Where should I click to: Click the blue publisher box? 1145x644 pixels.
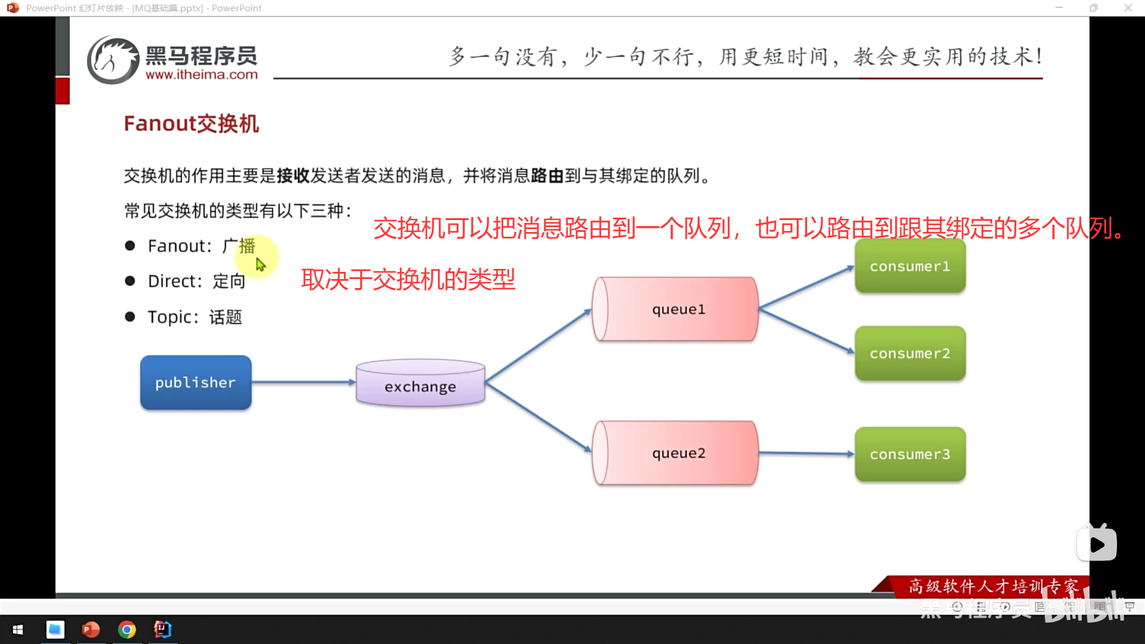coord(196,382)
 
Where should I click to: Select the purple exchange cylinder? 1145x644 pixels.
coord(420,384)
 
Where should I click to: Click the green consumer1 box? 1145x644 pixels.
coord(909,266)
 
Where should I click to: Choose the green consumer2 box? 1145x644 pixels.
coord(909,353)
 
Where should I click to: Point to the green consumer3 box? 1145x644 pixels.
coord(909,454)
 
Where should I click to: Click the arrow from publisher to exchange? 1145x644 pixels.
coord(303,382)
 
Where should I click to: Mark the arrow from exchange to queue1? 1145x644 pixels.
coord(537,346)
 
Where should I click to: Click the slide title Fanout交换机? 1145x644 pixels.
coord(191,123)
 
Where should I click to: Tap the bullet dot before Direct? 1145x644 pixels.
coord(130,281)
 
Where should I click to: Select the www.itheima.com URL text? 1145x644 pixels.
coord(202,75)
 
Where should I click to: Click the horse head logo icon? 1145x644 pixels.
coord(112,60)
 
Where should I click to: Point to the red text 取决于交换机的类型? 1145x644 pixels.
coord(408,279)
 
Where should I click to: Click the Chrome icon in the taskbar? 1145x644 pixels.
coord(126,629)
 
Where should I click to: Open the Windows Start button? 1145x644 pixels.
coord(18,629)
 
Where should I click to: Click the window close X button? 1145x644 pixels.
coord(1128,8)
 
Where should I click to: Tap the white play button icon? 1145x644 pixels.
coord(1097,544)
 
